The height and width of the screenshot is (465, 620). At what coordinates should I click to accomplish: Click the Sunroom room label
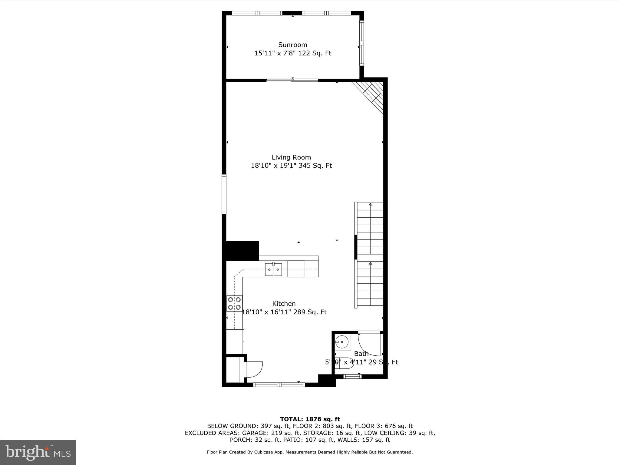click(x=292, y=45)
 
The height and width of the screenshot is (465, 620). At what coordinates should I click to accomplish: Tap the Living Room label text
click(x=291, y=157)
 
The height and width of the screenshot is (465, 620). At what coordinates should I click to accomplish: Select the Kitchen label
click(x=284, y=304)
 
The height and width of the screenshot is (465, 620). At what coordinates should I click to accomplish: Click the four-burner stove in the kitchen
click(x=235, y=303)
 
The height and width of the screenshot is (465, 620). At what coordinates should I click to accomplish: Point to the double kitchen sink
click(x=273, y=269)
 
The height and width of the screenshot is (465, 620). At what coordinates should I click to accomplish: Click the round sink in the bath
click(x=342, y=342)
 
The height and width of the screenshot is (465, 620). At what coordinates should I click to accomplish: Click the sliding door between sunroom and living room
click(x=292, y=80)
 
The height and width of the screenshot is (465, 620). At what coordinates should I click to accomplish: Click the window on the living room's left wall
click(x=224, y=194)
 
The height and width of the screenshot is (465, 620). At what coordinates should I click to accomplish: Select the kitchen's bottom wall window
click(x=279, y=385)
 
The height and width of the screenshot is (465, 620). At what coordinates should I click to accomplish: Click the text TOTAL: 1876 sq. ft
click(x=310, y=419)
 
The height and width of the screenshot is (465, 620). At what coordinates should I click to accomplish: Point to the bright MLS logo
click(x=38, y=453)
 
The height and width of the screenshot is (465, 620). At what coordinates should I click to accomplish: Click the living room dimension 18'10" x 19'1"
click(x=274, y=166)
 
